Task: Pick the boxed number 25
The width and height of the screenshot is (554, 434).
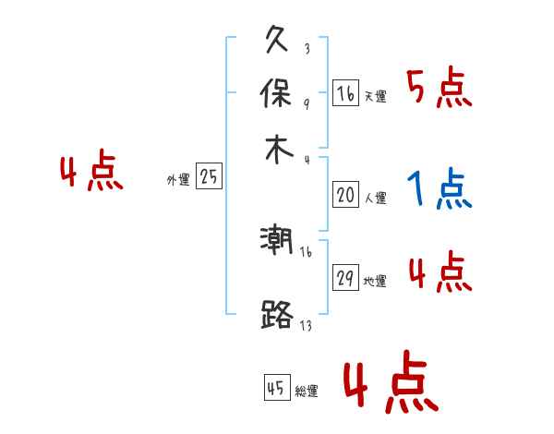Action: (209, 177)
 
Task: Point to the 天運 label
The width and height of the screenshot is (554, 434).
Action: (375, 96)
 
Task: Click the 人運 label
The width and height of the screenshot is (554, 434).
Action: (375, 198)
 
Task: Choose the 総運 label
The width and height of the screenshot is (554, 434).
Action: (307, 391)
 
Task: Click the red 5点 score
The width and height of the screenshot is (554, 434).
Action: (439, 90)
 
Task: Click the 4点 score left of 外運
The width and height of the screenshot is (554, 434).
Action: (90, 174)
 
